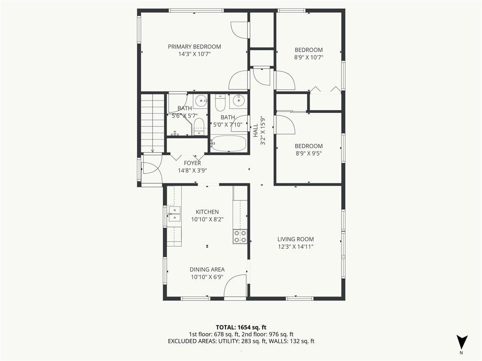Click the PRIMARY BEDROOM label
click(194, 47)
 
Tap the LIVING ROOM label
click(296, 239)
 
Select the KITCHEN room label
click(207, 212)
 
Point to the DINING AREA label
click(207, 269)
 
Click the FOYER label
click(193, 163)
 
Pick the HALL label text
click(255, 131)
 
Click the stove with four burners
click(240, 236)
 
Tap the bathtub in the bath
click(229, 144)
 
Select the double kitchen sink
click(174, 214)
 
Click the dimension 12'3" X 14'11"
click(296, 246)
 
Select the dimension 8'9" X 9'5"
click(309, 154)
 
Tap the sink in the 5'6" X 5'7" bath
click(201, 100)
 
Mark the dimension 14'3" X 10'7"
click(194, 55)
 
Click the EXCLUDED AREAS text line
click(241, 341)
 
